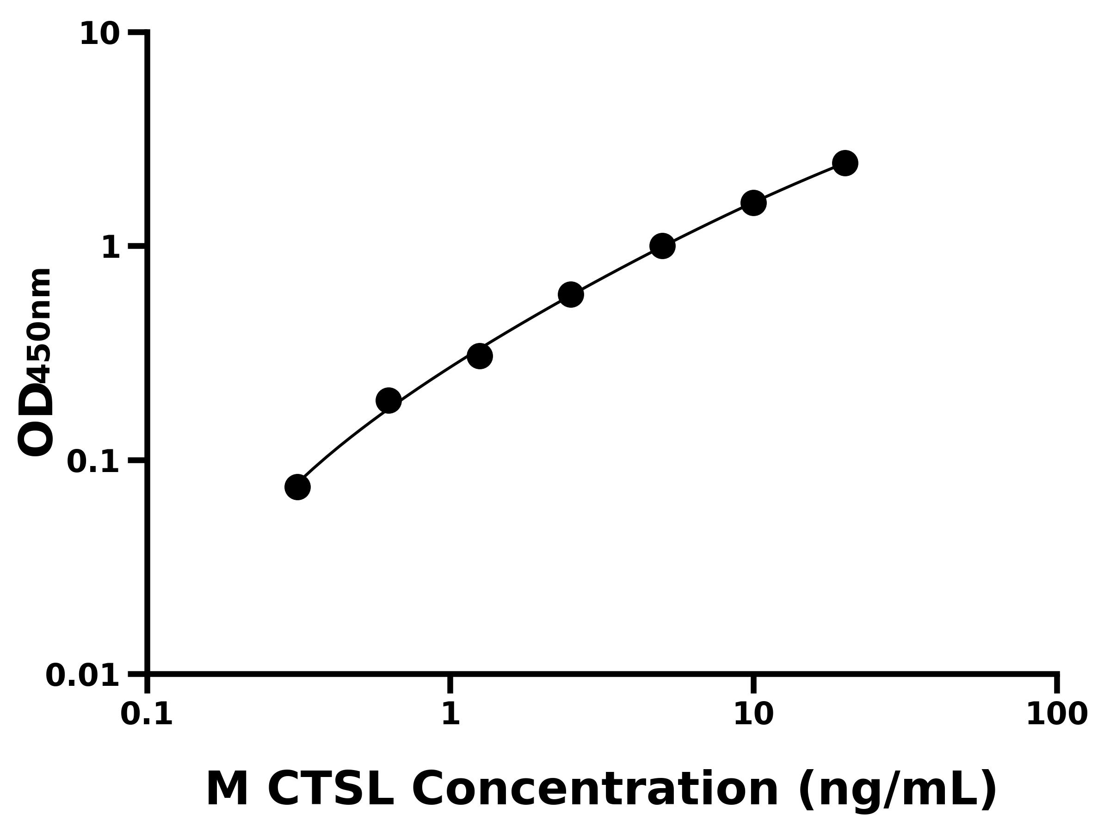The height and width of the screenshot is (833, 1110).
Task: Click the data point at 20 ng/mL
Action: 845,163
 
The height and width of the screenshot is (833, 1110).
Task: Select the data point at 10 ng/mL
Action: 753,203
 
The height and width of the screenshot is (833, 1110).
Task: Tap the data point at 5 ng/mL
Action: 662,246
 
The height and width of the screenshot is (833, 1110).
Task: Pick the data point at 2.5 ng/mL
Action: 571,294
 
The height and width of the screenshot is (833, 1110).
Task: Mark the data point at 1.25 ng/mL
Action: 480,356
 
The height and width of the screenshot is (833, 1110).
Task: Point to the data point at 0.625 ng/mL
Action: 388,400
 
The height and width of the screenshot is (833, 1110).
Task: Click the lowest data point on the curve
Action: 297,487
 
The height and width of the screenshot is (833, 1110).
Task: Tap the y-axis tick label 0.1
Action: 93,462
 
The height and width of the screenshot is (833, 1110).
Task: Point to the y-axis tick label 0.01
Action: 83,676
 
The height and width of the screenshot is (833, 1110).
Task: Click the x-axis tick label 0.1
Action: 147,715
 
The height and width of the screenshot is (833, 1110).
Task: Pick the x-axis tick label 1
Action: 450,715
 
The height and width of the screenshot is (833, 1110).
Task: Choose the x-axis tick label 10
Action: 753,715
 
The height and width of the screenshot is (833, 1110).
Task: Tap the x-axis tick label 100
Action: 1057,715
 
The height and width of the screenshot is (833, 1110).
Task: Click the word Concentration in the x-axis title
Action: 595,790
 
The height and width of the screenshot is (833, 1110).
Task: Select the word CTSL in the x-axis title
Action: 331,790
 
